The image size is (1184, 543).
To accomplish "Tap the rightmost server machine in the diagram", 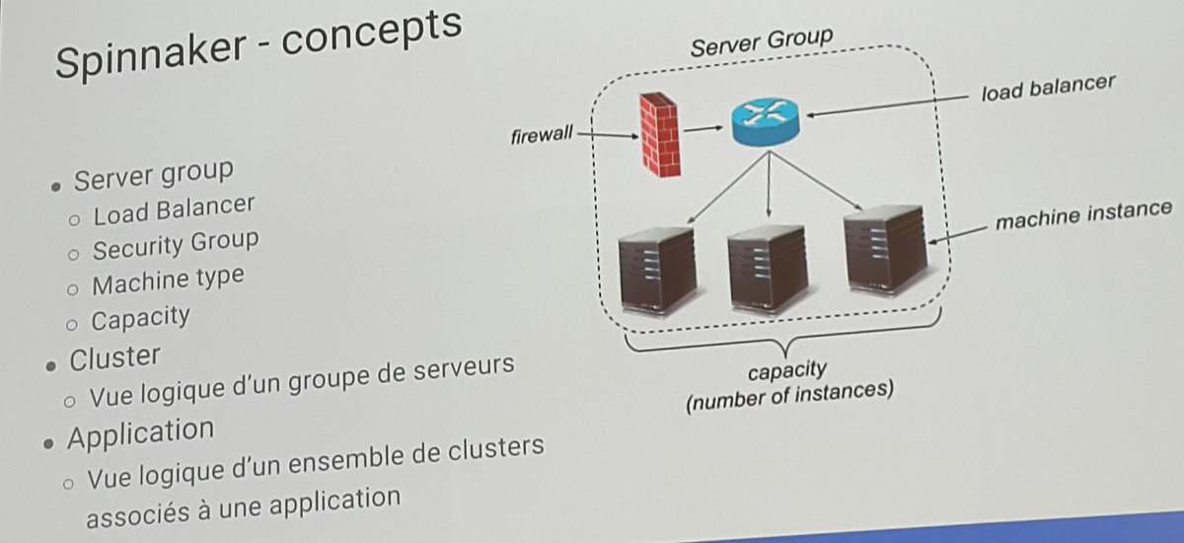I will pos(885,251).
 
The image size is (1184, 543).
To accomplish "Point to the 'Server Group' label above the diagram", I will pos(761,42).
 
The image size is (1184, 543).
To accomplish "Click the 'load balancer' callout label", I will pos(1048,88).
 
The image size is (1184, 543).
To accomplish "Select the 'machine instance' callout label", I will pos(1083,214).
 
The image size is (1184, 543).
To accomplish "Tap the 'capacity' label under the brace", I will pos(786,372).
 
